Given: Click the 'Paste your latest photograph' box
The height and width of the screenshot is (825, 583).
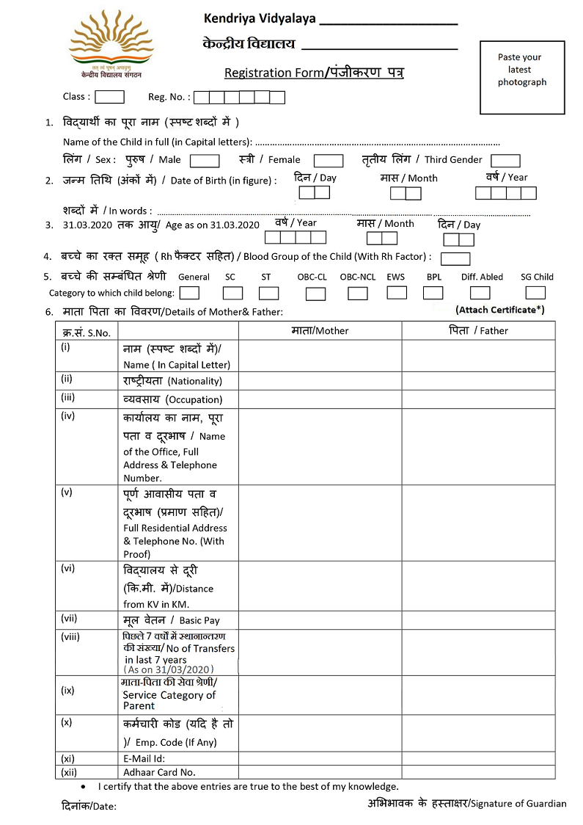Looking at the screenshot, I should point(522,77).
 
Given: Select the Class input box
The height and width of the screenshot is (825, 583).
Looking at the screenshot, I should point(109,97).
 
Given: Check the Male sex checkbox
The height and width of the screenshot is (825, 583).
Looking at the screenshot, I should point(205,161).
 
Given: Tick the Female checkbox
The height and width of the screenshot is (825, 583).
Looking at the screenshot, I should point(329,161).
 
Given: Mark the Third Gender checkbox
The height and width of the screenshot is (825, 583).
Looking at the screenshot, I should point(505,161).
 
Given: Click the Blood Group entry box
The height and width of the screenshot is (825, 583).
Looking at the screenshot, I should point(455,258).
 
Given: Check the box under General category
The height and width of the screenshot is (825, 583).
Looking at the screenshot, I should point(189,293).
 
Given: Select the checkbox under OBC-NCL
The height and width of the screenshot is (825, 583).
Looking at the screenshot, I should point(358,294).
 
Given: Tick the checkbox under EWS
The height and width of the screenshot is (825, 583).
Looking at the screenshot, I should point(397,293).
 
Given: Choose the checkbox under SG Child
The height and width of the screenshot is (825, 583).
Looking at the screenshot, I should point(537,293).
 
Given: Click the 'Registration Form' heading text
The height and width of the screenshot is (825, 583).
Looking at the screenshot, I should point(314,73).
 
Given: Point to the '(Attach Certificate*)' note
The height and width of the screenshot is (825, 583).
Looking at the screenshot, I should point(499,310).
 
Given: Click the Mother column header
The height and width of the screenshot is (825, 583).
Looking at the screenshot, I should point(320,331).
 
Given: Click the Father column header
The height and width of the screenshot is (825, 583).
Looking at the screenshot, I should point(478,331).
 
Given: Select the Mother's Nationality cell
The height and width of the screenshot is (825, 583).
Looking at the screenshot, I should point(320,380).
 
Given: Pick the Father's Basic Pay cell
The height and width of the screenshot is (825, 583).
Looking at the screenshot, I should point(478,619).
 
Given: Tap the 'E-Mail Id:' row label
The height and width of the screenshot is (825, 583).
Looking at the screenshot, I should point(144,759).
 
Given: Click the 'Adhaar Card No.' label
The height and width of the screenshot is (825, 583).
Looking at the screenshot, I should point(159,772).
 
